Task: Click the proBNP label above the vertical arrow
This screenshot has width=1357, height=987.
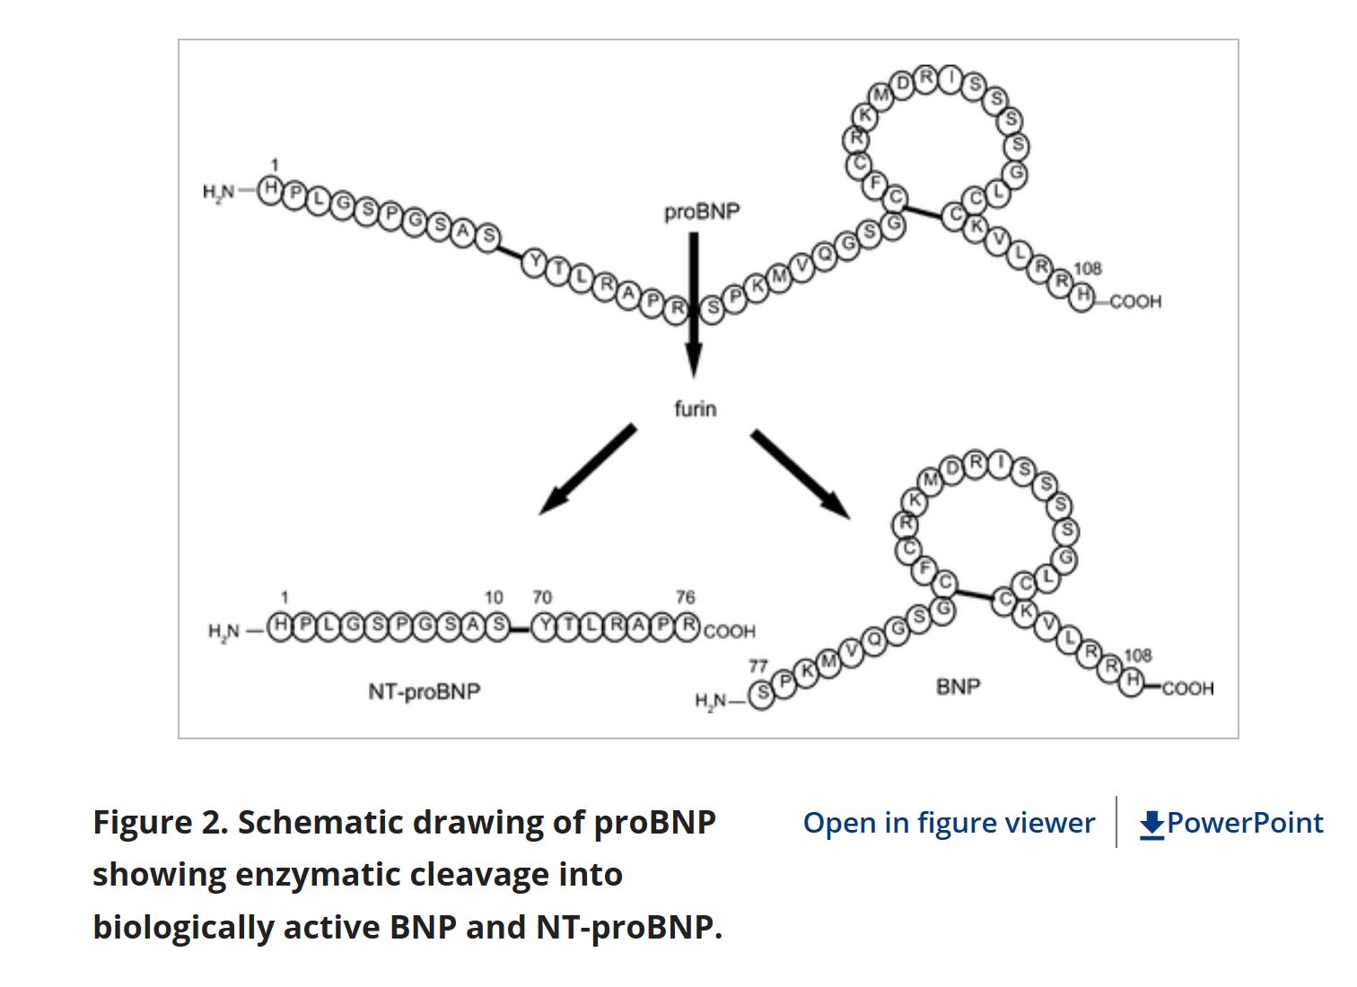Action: [702, 213]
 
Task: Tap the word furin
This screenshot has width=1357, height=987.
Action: [696, 409]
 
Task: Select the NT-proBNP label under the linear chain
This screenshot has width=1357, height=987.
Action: [424, 692]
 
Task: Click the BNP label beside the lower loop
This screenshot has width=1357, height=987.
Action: [958, 687]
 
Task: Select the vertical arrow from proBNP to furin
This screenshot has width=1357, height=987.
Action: [693, 305]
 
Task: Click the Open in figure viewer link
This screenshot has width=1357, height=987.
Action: [949, 823]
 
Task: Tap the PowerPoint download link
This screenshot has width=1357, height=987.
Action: [1231, 823]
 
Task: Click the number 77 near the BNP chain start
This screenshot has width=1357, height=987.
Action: [758, 667]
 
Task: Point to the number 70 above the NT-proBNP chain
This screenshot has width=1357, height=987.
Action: [542, 598]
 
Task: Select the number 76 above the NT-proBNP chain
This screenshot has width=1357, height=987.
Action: [686, 598]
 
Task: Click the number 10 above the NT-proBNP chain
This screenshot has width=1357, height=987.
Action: [494, 598]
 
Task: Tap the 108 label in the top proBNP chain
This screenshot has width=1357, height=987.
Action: [1087, 268]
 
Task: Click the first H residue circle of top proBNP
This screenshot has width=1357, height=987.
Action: [270, 189]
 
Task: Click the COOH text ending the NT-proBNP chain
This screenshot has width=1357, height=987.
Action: [730, 632]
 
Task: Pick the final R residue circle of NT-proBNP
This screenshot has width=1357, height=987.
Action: [687, 625]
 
